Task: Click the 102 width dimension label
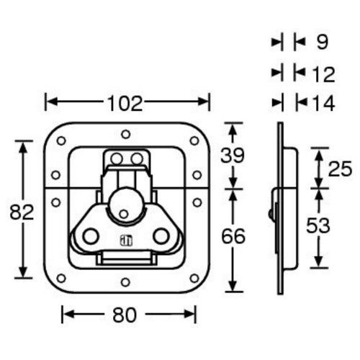pyautogui.click(x=125, y=103)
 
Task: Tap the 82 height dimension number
pyautogui.click(x=22, y=212)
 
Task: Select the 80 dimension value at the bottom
pyautogui.click(x=125, y=315)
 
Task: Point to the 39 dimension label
pyautogui.click(x=233, y=156)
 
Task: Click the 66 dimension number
pyautogui.click(x=233, y=235)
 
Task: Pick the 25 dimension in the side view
pyautogui.click(x=340, y=168)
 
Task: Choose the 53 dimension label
pyautogui.click(x=318, y=225)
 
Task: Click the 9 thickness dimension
pyautogui.click(x=322, y=42)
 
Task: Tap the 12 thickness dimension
pyautogui.click(x=323, y=74)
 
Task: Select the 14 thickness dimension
pyautogui.click(x=324, y=103)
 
